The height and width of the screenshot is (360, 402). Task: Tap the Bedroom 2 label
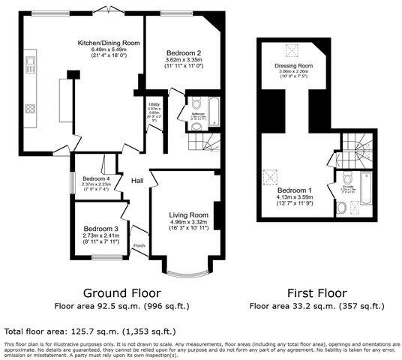pos(183,53)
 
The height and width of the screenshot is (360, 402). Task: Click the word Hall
pos(138,181)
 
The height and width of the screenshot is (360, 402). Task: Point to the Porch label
pos(139,246)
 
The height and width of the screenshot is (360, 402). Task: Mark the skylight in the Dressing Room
pos(288,51)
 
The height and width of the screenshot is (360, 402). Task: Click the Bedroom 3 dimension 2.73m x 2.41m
pos(100,235)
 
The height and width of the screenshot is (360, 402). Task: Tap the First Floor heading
pos(316,293)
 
